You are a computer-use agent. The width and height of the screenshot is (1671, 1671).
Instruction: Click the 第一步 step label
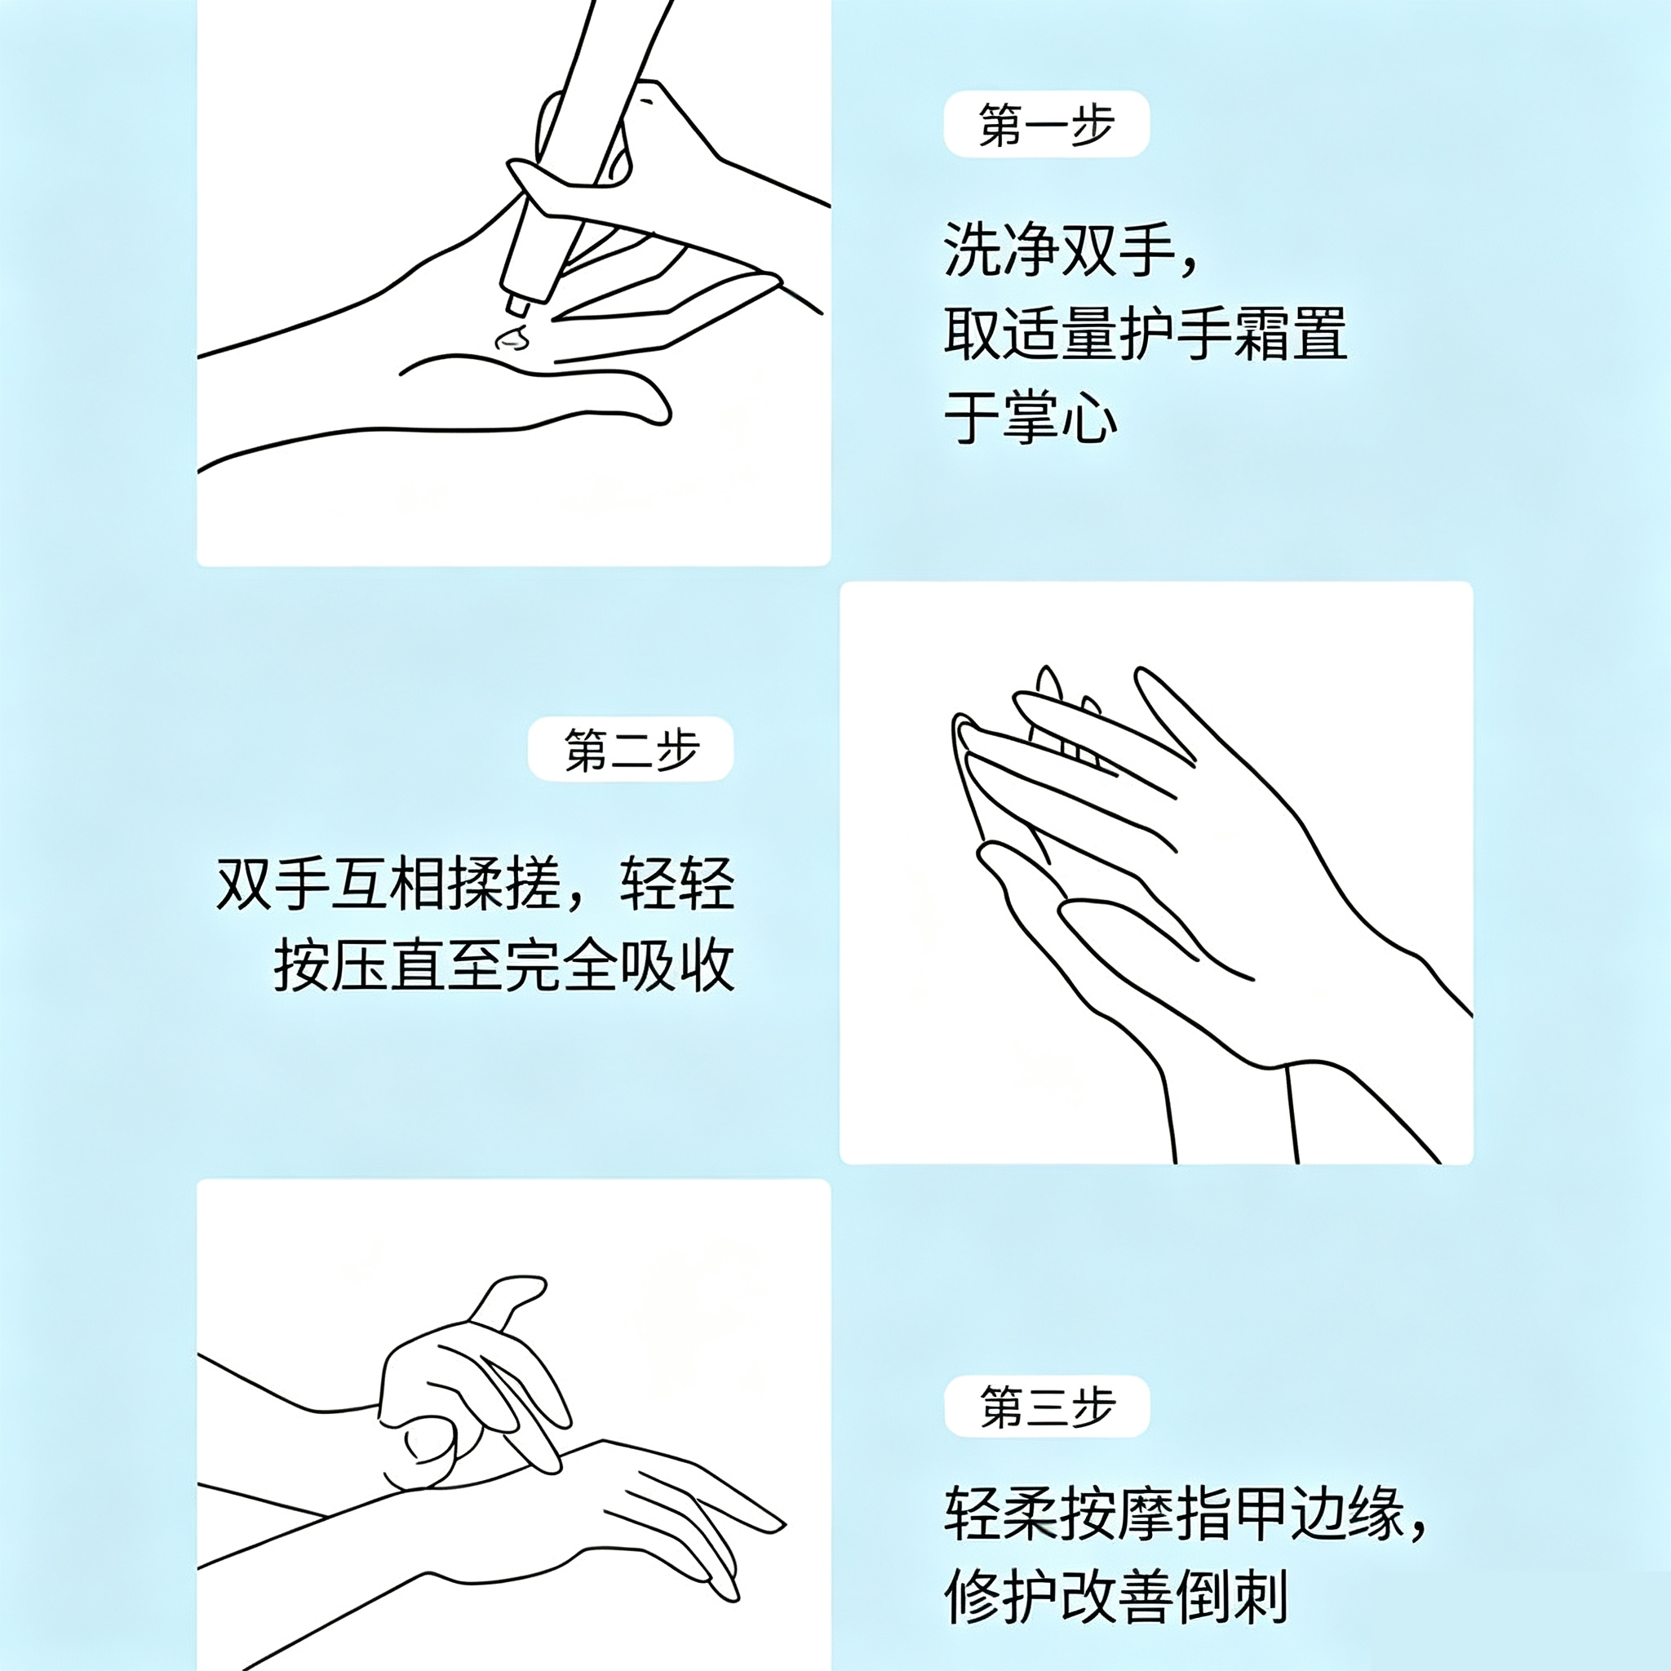pos(1047,125)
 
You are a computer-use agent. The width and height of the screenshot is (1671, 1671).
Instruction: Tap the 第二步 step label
pos(632,749)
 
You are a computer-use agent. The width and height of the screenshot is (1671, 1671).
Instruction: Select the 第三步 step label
pos(1048,1406)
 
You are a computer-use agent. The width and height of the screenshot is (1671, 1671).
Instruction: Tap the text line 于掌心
pos(1031,418)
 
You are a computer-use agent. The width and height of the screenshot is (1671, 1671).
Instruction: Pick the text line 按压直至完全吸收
pos(504,965)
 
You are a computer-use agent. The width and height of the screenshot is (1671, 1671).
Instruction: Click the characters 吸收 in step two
pos(677,965)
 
